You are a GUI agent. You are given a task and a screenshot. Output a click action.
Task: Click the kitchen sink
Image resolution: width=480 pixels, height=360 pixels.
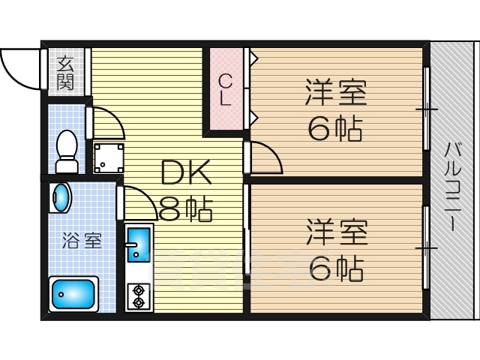137,243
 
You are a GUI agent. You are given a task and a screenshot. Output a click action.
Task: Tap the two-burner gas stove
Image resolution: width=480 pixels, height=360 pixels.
139,295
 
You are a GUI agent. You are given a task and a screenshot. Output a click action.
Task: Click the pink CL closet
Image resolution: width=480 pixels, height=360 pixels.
226,91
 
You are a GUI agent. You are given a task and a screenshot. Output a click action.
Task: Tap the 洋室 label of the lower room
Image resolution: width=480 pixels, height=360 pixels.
335,232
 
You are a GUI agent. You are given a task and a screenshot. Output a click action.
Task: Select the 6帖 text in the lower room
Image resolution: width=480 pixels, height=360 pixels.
335,268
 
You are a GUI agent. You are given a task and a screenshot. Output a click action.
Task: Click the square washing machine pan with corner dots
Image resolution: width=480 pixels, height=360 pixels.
109,157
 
